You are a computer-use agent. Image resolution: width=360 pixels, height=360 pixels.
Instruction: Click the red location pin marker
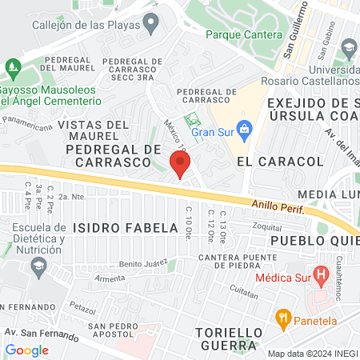point(180,163)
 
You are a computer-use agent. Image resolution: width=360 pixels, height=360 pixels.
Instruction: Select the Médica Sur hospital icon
point(321,278)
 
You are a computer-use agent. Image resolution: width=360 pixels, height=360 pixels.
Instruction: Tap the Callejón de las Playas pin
point(150,25)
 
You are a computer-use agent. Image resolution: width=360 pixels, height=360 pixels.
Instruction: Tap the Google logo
point(26,350)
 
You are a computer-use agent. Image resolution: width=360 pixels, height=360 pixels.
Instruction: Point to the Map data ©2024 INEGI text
point(311,354)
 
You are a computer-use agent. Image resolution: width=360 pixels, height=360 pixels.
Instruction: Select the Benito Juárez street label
point(142,262)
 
